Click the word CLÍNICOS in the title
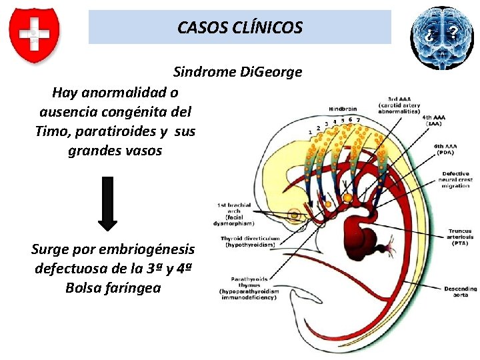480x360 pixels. pos(268,27)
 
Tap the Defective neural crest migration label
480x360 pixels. pos(455,179)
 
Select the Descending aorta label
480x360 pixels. pos(460,291)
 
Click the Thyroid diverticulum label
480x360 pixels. pos(249,241)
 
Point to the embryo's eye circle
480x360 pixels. pos(294,215)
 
